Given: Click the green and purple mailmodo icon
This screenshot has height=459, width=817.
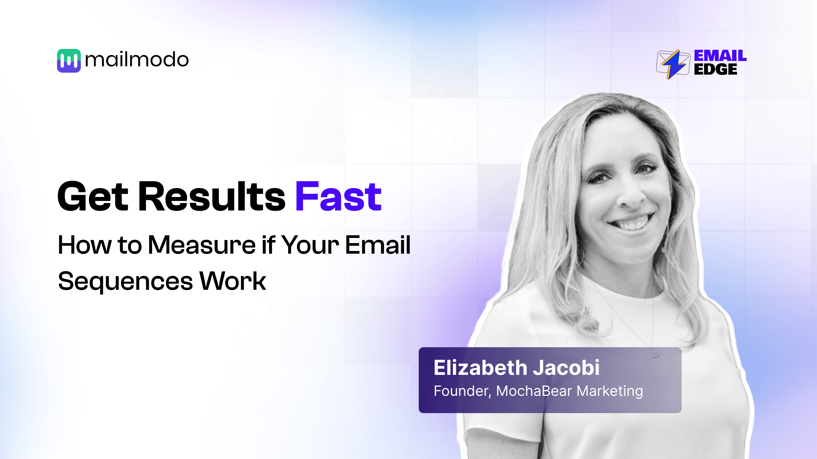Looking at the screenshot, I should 69,61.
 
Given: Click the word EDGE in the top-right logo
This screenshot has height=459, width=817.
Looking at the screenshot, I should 715,69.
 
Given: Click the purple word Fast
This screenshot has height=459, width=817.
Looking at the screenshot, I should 338,197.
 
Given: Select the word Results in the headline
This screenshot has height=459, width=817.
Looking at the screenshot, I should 212,197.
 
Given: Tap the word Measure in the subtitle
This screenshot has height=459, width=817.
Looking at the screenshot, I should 202,245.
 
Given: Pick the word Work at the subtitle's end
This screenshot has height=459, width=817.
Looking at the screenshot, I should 233,281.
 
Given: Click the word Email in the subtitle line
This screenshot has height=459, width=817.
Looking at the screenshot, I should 378,245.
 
